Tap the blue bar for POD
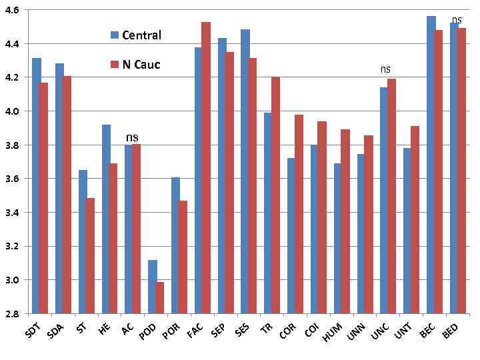(x=153, y=287)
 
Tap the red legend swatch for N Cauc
(x=115, y=65)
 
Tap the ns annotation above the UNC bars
(x=385, y=69)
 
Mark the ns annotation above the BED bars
(x=457, y=19)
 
